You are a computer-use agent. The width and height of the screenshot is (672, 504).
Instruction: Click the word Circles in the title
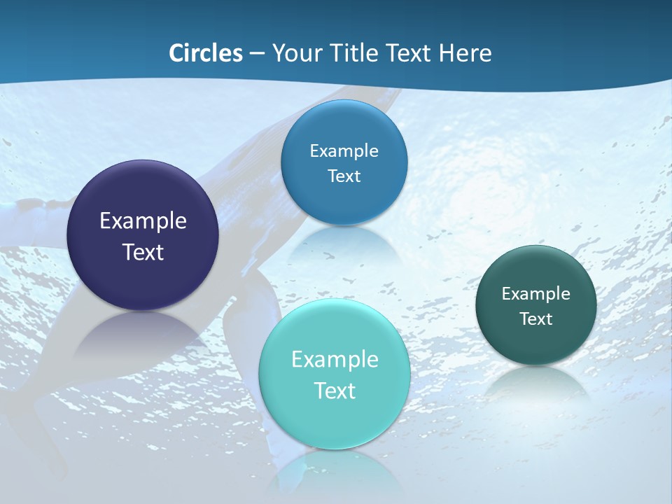point(206,53)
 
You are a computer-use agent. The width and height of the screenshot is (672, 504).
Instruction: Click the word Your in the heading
point(297,53)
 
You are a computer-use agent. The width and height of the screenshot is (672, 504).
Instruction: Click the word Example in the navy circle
point(143,221)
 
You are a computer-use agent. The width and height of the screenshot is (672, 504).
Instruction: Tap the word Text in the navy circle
point(143,252)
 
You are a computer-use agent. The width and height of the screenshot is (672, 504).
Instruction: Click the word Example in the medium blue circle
point(344,151)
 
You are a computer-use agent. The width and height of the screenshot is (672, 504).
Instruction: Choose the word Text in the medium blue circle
point(344,176)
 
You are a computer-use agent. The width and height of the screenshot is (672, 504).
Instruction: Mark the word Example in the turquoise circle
point(335,360)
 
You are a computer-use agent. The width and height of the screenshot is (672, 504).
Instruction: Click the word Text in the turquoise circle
point(335,391)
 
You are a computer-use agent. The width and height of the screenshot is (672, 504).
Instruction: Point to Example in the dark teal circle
point(536,294)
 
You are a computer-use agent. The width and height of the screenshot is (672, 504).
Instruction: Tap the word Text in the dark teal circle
point(536,319)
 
